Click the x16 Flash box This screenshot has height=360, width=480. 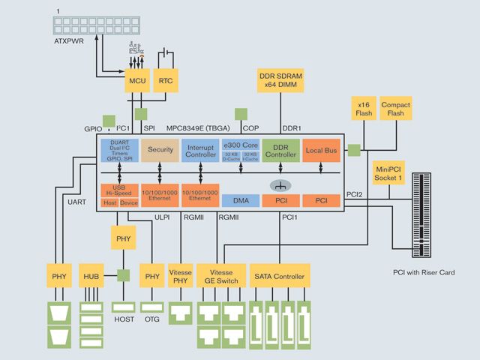[x=363, y=109]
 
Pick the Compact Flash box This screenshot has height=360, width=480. [x=395, y=109]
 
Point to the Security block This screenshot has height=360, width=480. [x=160, y=150]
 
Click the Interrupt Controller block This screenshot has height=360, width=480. [x=200, y=150]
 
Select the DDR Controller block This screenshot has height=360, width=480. [x=281, y=150]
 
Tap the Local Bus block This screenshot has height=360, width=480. [x=321, y=151]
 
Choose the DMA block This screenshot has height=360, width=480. [x=241, y=200]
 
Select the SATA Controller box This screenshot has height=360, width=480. [x=278, y=277]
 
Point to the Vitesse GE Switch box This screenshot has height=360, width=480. [x=220, y=277]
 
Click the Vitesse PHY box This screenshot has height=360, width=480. [x=180, y=277]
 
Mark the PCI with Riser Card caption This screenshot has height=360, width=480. [x=424, y=272]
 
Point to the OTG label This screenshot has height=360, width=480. [x=152, y=319]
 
